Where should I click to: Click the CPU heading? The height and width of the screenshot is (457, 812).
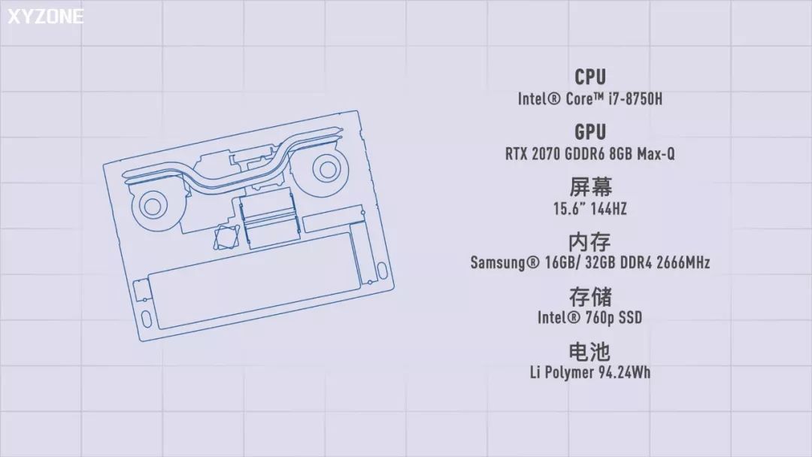tap(590, 77)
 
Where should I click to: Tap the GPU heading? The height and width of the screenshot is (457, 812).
tap(590, 132)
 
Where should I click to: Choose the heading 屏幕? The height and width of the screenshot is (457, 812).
tap(590, 187)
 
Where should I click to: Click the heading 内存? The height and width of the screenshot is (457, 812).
tap(590, 242)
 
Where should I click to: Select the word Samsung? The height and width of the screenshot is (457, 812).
tap(500, 263)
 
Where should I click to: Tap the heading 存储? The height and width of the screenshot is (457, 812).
tap(590, 296)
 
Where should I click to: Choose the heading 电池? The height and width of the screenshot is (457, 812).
tap(590, 350)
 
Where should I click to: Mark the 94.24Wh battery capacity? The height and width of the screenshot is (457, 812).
tap(620, 372)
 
